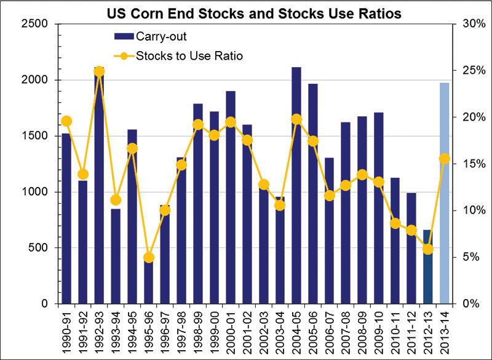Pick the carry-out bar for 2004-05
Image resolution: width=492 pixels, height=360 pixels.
tap(296, 185)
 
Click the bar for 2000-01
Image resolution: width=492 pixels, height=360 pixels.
tap(230, 197)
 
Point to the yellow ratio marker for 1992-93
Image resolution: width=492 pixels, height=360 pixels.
tap(99, 71)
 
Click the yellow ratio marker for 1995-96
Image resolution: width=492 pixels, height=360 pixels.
tap(148, 257)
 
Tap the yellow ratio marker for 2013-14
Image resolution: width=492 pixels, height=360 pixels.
tap(444, 159)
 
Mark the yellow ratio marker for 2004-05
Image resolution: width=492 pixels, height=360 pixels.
tap(296, 119)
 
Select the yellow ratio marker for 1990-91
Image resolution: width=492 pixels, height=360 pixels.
tap(66, 121)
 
